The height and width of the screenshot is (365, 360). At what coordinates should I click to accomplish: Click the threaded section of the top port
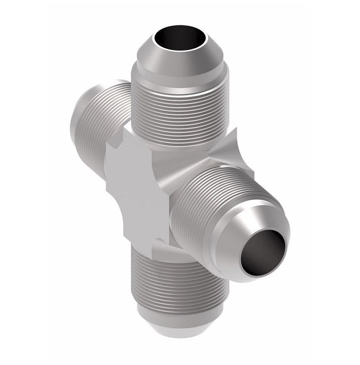click(x=178, y=113)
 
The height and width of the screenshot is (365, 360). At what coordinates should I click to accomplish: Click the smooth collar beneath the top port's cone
click(x=179, y=80)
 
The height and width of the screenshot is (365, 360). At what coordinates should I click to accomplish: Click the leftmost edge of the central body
click(x=108, y=187)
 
